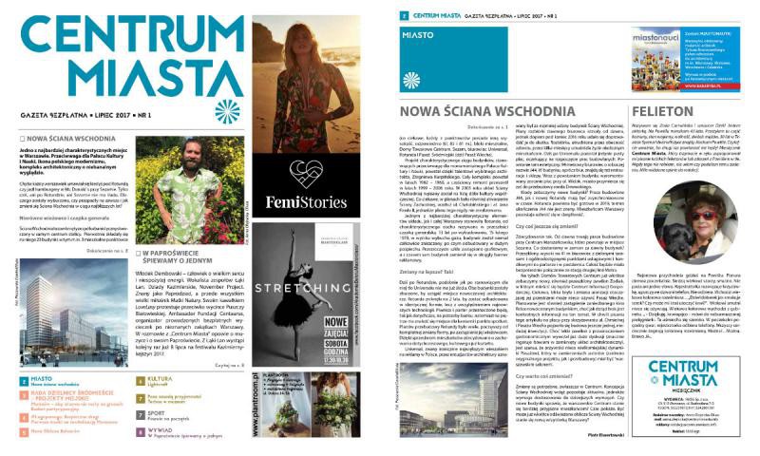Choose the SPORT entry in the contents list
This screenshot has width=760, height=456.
pos(158,412)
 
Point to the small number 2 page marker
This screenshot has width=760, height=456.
pos(403,16)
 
